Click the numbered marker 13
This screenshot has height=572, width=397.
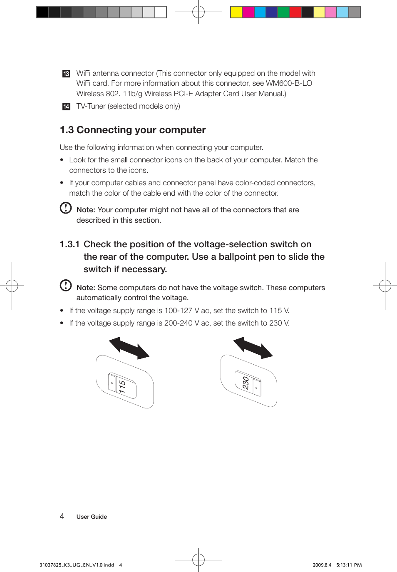66,74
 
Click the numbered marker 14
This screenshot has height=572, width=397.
66,107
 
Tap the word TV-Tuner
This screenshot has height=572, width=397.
91,106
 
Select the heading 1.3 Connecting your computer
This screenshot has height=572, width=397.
133,130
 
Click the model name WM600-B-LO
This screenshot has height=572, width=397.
289,83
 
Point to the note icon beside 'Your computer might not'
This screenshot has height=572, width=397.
66,208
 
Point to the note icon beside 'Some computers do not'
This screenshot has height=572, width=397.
66,285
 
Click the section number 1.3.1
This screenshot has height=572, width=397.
69,244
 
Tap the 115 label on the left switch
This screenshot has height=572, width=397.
122,387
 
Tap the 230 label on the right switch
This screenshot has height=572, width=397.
246,383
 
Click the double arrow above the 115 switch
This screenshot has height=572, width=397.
129,348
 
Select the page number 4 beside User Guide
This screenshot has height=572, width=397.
62,516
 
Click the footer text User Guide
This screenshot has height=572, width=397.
92,517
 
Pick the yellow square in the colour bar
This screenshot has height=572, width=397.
236,12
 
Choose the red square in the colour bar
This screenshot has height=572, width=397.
295,12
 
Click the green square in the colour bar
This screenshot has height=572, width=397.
283,12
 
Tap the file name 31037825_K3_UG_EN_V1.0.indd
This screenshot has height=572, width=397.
77,565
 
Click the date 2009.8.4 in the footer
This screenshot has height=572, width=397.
322,565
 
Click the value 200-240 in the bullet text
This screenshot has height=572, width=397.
178,323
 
